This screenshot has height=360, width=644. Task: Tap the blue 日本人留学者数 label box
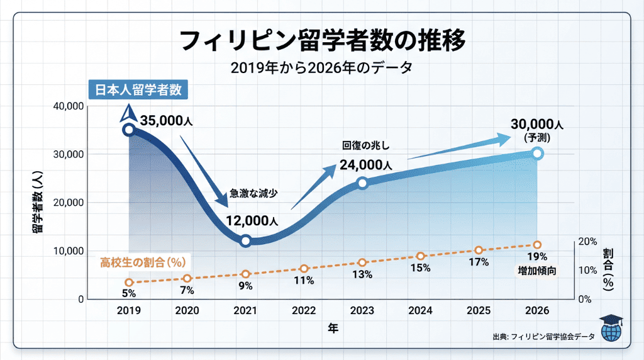[138, 89]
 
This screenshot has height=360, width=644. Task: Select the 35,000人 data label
[167, 121]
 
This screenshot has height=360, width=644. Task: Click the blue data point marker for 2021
[246, 240]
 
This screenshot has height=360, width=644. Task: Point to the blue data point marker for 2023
[362, 183]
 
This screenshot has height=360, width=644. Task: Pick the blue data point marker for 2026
[538, 153]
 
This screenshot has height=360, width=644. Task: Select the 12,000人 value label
[252, 220]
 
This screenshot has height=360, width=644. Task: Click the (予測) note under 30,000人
[537, 137]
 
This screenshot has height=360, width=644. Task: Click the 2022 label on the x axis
[304, 311]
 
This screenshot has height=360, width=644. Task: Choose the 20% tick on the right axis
[587, 242]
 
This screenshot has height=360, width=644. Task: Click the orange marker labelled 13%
[362, 262]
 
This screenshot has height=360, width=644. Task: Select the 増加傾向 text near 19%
[537, 271]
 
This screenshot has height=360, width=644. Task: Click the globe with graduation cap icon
[610, 328]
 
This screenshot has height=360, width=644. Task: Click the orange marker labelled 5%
[129, 283]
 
